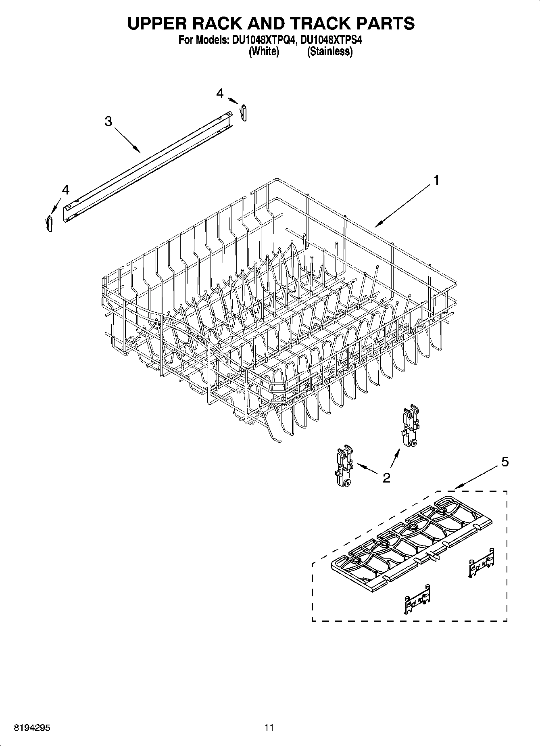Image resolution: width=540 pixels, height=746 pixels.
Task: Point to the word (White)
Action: (x=264, y=52)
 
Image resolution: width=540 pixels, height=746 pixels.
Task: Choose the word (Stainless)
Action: (x=329, y=52)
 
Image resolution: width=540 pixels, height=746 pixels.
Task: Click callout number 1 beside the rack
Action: (x=436, y=180)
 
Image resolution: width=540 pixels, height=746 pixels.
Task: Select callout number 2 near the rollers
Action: (x=386, y=478)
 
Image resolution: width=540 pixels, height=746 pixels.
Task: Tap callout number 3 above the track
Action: (x=108, y=121)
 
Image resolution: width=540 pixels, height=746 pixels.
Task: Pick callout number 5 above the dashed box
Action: (x=505, y=462)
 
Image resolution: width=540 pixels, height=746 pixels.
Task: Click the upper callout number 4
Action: (x=220, y=94)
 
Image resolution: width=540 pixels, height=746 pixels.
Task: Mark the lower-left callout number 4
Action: (x=65, y=190)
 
